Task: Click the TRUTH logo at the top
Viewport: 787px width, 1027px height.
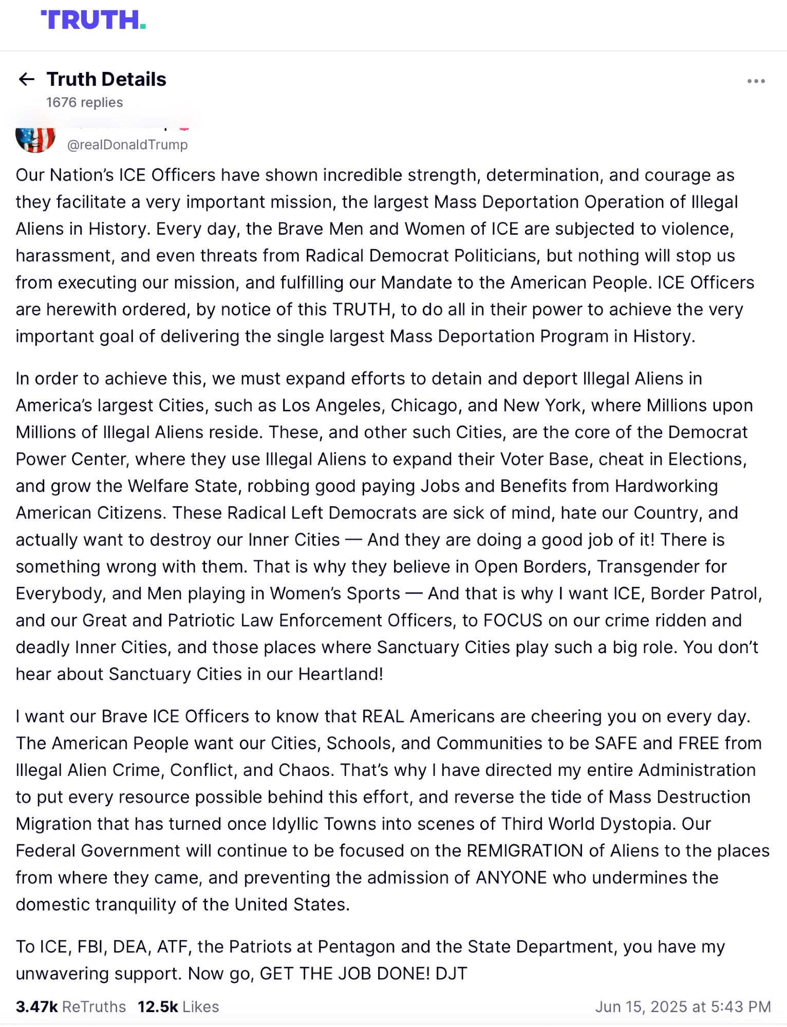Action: (x=93, y=20)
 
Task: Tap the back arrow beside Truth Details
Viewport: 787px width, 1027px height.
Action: (x=27, y=79)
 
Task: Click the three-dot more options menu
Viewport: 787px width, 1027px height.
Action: (x=756, y=81)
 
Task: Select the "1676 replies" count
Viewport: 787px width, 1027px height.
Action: (x=84, y=103)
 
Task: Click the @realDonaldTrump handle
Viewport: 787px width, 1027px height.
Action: (x=127, y=145)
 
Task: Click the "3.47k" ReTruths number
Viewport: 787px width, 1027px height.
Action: (x=36, y=1006)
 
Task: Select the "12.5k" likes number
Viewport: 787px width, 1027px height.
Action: (x=158, y=1006)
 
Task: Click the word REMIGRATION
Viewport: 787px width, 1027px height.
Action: (x=524, y=851)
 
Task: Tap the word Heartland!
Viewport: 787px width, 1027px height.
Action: (x=341, y=674)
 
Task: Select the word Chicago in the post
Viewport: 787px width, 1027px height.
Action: (x=424, y=405)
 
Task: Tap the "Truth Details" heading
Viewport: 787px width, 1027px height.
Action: (x=106, y=79)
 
